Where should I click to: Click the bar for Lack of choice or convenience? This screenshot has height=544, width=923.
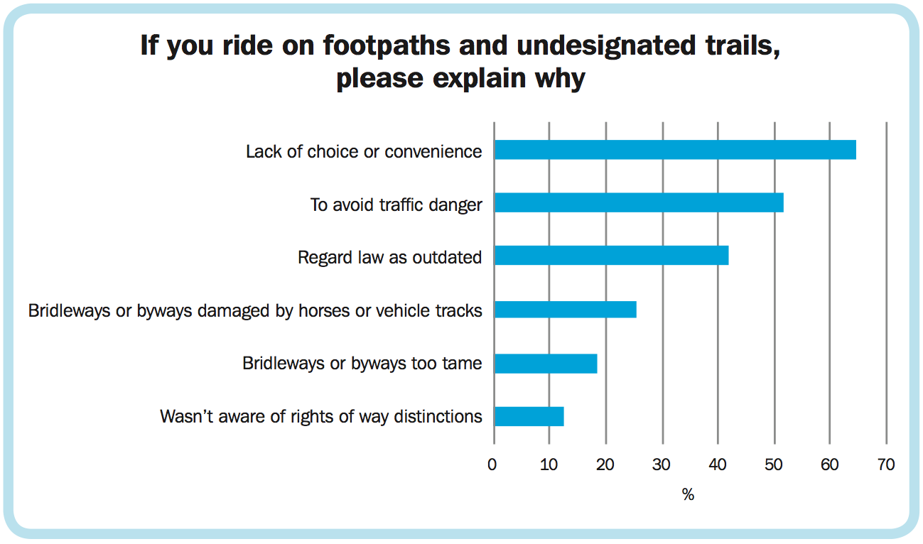(675, 150)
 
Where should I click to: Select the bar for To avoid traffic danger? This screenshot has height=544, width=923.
(639, 203)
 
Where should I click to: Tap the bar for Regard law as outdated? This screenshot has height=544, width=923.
(611, 256)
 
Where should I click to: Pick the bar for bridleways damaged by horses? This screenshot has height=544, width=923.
(565, 310)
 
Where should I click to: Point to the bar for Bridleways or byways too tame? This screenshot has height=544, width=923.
(546, 364)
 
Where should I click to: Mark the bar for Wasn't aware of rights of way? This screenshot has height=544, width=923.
(529, 416)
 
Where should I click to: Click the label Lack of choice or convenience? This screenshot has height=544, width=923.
(364, 151)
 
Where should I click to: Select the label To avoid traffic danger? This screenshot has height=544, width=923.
(396, 205)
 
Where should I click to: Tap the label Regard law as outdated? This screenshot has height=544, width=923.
(389, 257)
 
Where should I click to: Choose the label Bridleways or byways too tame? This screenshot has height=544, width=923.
(362, 364)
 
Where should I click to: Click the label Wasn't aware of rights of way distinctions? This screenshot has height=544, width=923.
(321, 416)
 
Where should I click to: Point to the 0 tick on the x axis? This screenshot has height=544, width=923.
(492, 465)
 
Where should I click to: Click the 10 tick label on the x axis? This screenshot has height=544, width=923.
(549, 465)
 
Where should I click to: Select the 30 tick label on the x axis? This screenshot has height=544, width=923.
(662, 465)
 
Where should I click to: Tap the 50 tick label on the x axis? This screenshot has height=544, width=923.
(774, 465)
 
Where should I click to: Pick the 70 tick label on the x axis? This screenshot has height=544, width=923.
(886, 465)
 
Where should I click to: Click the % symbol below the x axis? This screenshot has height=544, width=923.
(688, 495)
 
